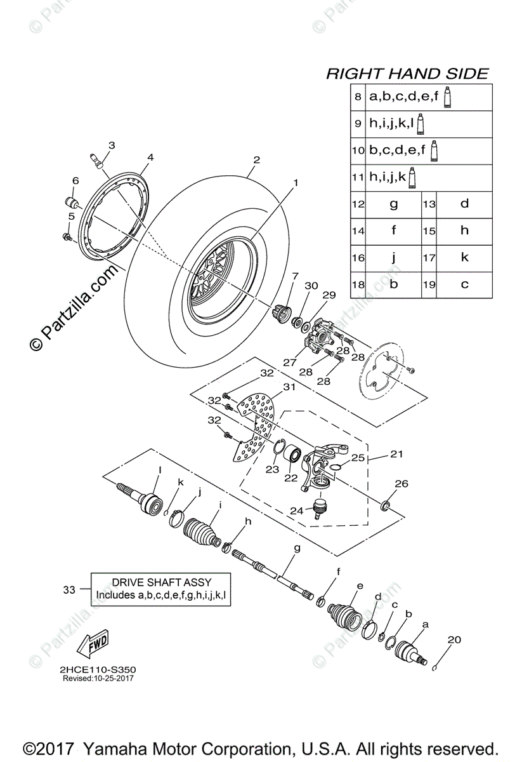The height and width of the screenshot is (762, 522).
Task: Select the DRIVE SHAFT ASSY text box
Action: (x=161, y=589)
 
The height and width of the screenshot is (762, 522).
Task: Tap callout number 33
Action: (x=70, y=590)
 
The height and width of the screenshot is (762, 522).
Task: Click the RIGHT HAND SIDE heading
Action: (x=407, y=74)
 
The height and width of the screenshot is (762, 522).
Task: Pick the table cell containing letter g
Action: (x=393, y=204)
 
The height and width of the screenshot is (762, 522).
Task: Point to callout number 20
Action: (x=453, y=639)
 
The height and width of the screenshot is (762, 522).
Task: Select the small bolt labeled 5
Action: (x=66, y=237)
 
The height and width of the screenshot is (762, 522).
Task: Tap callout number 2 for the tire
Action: (x=256, y=159)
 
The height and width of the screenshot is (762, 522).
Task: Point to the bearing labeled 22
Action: (x=293, y=455)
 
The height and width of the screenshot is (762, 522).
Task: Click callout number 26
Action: (x=401, y=485)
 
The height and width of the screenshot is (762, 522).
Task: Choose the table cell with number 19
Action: (x=429, y=284)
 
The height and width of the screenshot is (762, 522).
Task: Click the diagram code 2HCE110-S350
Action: (x=98, y=670)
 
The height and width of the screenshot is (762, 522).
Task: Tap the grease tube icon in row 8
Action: (x=448, y=98)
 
